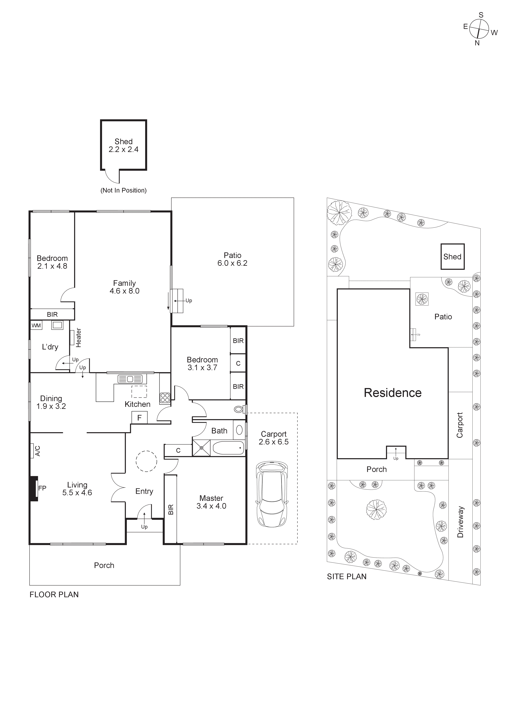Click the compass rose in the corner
click(x=479, y=29)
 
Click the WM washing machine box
click(x=36, y=326)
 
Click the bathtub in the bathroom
click(x=228, y=448)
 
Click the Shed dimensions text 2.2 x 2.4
click(x=124, y=150)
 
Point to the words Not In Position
click(x=124, y=190)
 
